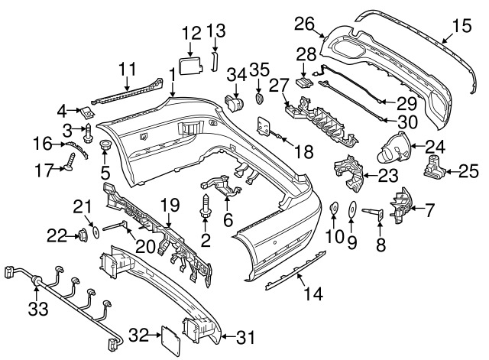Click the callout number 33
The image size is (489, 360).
(x=38, y=310)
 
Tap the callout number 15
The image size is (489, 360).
(x=461, y=25)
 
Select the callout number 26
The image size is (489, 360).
(x=304, y=24)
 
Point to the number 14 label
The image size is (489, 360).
(x=313, y=294)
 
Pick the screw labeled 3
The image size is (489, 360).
(x=88, y=133)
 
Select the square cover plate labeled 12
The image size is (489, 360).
(x=190, y=65)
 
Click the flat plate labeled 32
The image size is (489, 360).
(x=170, y=341)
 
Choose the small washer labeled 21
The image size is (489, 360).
(x=96, y=232)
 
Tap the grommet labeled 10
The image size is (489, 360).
(x=334, y=208)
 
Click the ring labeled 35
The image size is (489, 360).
(x=259, y=99)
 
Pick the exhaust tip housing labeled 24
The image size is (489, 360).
(x=394, y=148)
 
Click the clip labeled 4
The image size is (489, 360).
(x=88, y=113)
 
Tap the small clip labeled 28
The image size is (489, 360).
(x=304, y=83)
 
